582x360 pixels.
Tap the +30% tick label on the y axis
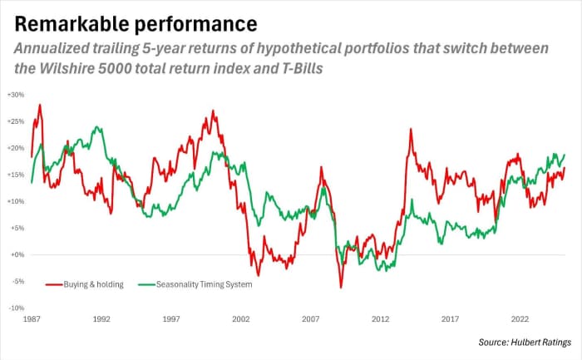[x=15, y=95]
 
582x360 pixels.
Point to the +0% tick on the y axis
[x=17, y=254]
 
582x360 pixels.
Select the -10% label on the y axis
[x=16, y=308]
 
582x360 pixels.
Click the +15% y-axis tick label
[x=15, y=175]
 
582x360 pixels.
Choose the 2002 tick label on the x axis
[x=241, y=318]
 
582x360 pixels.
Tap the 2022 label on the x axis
[x=520, y=318]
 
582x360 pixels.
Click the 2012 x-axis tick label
[x=380, y=318]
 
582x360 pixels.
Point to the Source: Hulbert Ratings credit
[x=523, y=342]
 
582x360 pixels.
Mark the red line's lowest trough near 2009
[x=340, y=288]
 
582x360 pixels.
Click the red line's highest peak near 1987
[x=40, y=105]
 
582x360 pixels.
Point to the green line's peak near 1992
[x=98, y=127]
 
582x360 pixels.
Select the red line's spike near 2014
[x=411, y=129]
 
